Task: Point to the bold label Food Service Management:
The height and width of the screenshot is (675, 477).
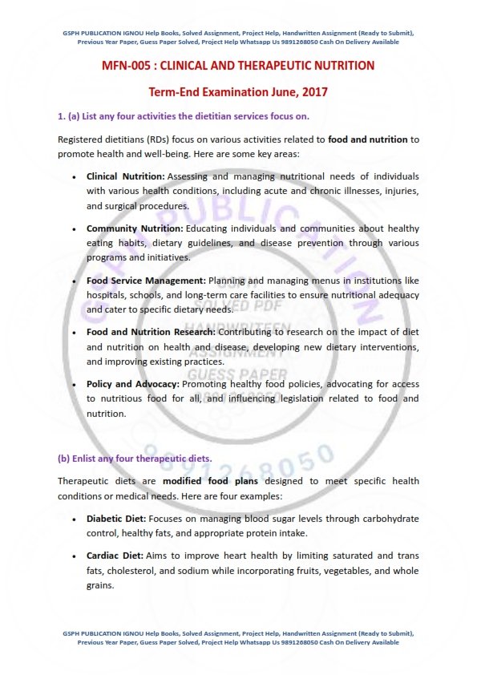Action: (146, 281)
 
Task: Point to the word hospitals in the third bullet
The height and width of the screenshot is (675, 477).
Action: (108, 295)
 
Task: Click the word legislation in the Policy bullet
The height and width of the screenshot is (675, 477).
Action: (302, 399)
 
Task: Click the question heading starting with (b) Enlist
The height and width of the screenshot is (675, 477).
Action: (135, 459)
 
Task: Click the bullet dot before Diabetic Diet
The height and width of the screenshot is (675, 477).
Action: (75, 519)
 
